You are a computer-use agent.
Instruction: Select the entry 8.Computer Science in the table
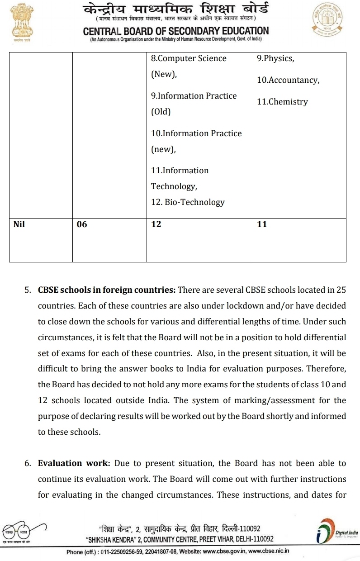point(189,58)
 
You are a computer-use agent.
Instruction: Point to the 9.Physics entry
point(275,58)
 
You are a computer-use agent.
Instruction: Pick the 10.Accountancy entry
point(288,80)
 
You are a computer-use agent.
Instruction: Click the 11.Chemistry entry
point(282,102)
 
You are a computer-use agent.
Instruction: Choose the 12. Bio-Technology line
point(188,202)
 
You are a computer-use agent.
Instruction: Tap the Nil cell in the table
point(19,223)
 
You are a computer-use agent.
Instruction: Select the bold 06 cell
point(82,224)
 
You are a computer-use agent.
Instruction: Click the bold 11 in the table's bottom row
point(262,224)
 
